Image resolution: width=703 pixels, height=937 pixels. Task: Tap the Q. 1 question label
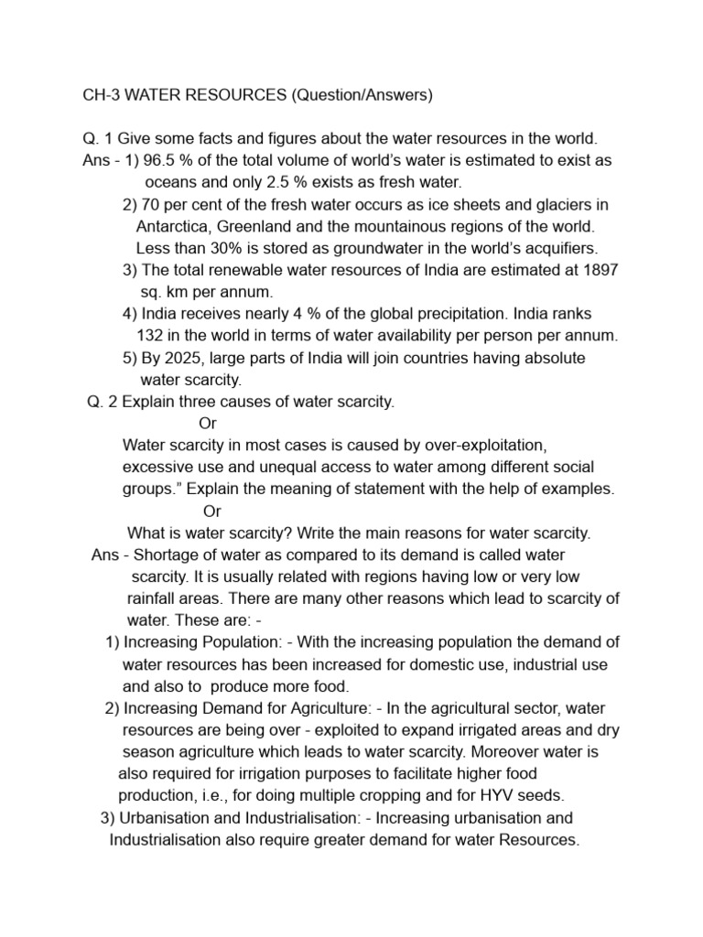(99, 138)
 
